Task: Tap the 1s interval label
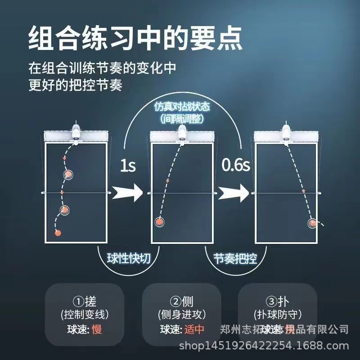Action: point(127,166)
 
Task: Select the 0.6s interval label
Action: point(235,166)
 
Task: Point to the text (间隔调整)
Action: point(182,119)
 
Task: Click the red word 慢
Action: point(97,329)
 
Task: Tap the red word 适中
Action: point(194,329)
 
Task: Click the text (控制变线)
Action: point(85,314)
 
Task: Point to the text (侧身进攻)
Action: point(181,314)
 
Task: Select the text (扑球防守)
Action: point(278,314)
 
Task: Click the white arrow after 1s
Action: point(127,193)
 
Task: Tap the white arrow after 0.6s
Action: point(234,193)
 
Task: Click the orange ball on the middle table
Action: point(159,221)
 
